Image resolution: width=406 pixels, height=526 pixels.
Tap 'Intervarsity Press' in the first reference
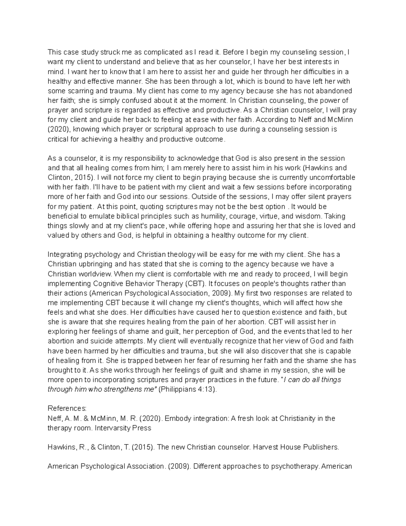pyautogui.click(x=123, y=428)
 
